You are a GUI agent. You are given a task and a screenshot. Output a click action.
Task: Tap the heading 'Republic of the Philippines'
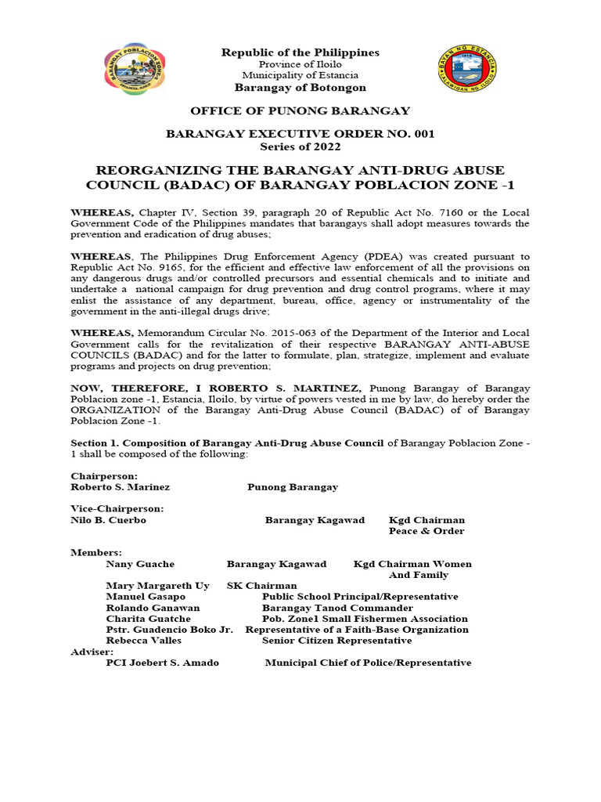tap(300, 52)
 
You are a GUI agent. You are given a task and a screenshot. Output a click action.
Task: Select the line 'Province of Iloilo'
tap(300, 63)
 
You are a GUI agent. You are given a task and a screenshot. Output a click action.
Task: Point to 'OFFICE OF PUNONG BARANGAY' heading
tap(300, 111)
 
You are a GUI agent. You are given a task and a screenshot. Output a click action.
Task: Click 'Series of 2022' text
tap(300, 146)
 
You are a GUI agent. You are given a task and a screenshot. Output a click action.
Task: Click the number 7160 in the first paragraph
tap(426, 213)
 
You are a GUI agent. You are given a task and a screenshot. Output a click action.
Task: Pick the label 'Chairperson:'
tap(104, 475)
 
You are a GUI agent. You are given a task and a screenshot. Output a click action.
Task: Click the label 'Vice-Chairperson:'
tap(117, 508)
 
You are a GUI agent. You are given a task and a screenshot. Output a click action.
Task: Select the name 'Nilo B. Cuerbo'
tap(108, 520)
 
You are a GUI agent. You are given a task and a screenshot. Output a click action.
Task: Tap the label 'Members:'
tap(96, 553)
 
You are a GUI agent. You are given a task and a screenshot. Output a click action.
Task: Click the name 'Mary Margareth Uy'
tap(157, 586)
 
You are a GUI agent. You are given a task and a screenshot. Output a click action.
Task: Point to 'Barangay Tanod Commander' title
tap(337, 608)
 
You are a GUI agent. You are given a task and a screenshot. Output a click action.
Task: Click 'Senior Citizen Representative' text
tap(336, 641)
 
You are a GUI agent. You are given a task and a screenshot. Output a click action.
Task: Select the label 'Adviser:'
tap(92, 652)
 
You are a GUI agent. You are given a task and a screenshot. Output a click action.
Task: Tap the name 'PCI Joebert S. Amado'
tap(162, 663)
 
